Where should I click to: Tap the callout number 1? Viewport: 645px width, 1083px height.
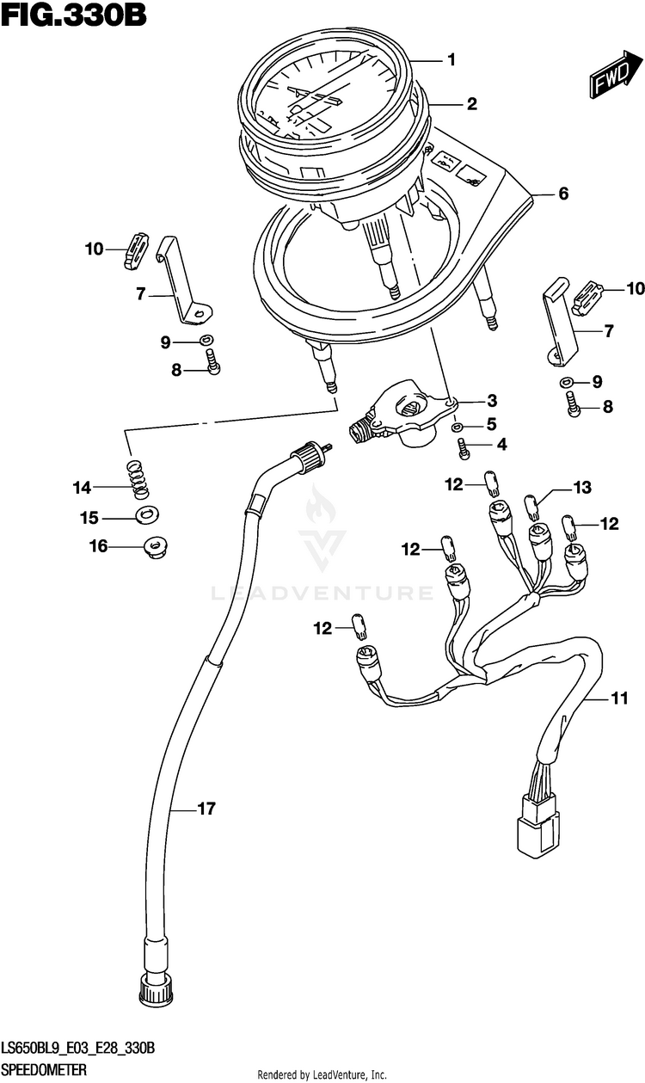coord(451,60)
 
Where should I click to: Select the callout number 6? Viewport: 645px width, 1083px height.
coord(563,194)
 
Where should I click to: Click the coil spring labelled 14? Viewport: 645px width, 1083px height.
coord(139,480)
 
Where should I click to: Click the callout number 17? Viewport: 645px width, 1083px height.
coord(206,809)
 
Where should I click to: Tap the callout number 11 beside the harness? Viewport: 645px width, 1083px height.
coord(619,698)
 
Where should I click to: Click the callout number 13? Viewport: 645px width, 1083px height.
coord(582,488)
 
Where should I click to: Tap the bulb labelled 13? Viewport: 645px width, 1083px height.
coord(531,505)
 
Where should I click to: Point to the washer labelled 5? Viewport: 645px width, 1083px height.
coord(457,428)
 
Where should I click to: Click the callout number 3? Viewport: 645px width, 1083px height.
coord(492,401)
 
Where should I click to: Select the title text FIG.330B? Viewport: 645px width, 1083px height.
coord(73,16)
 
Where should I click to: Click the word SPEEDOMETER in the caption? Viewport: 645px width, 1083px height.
coord(44,1069)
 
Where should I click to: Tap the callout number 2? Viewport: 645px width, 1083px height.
coord(472,104)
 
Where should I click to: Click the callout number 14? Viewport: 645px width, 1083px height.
coord(83,488)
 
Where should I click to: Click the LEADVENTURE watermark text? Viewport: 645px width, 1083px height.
coord(322,593)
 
